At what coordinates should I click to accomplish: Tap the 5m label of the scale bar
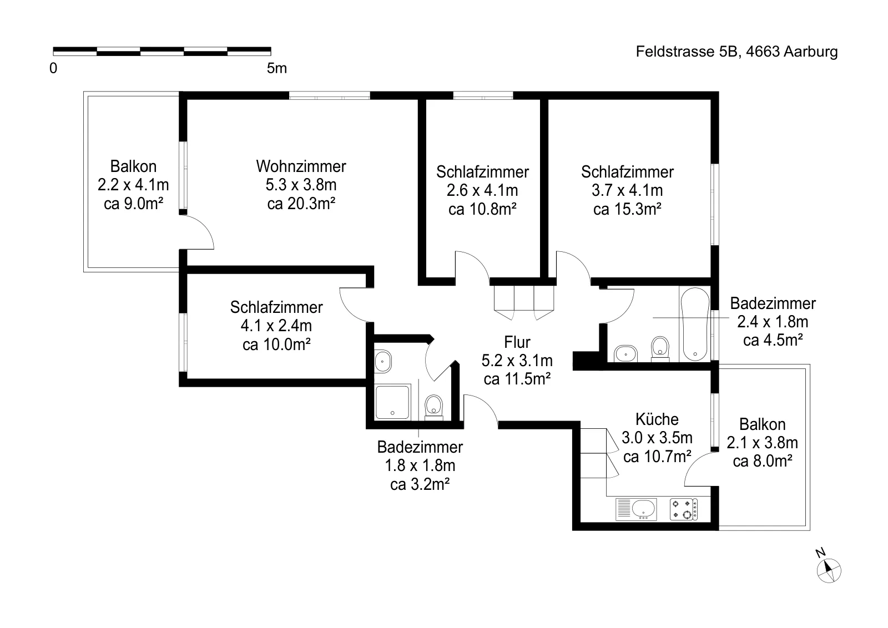[x=277, y=69]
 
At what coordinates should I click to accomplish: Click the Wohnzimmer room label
[x=301, y=166]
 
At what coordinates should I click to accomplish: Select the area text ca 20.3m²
[x=301, y=204]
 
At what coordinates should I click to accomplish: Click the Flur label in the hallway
[x=517, y=342]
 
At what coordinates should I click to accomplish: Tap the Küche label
[x=657, y=419]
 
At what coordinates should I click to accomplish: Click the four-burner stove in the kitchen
[x=683, y=509]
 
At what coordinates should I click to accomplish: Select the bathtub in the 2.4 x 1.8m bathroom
[x=695, y=324]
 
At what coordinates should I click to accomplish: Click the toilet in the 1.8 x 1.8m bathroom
[x=433, y=407]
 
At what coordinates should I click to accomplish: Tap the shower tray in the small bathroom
[x=392, y=401]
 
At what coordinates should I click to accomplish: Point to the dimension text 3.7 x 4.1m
[x=627, y=191]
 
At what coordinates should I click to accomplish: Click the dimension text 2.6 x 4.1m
[x=482, y=191]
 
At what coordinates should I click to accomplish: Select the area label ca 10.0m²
[x=276, y=345]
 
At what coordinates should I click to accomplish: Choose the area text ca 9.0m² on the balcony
[x=133, y=204]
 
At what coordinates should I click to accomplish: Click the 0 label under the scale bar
[x=53, y=69]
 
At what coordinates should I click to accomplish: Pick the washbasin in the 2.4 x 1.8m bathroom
[x=625, y=354]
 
